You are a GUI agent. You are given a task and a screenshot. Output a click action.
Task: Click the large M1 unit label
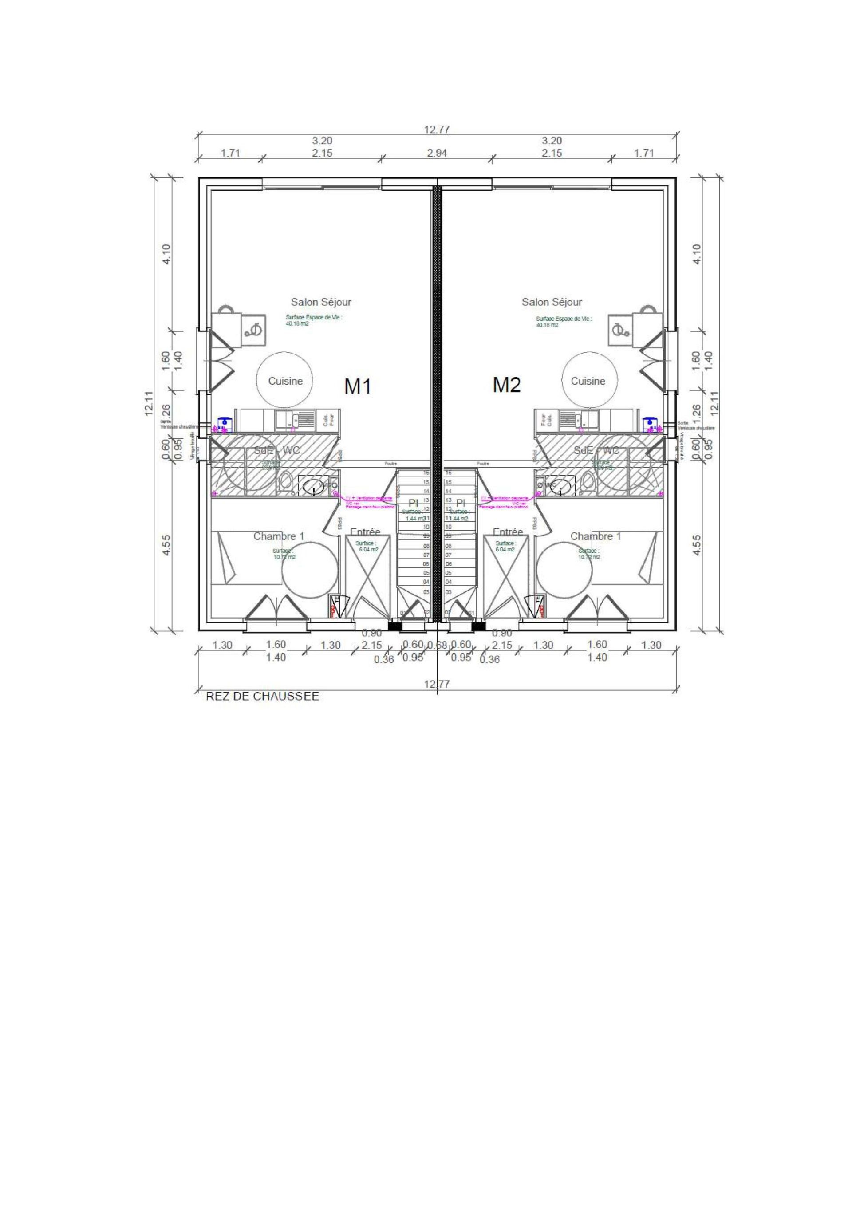[x=358, y=387]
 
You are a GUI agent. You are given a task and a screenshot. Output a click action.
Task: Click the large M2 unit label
[x=507, y=385]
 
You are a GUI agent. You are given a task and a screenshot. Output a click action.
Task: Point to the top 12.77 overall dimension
[x=437, y=130]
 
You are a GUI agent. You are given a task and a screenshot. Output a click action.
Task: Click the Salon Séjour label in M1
[x=321, y=302]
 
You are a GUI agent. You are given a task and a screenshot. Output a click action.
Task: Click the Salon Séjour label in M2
[x=552, y=302]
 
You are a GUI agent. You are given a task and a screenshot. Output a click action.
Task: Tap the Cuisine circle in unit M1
[x=286, y=381]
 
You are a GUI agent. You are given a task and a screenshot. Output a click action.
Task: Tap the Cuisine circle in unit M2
[x=588, y=381]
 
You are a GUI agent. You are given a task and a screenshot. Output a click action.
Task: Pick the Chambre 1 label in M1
[x=279, y=536]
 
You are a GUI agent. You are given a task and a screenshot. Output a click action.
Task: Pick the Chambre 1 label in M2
[x=596, y=536]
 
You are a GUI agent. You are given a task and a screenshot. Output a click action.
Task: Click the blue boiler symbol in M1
[x=225, y=422]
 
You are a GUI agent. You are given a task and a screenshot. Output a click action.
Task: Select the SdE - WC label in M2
[x=596, y=451]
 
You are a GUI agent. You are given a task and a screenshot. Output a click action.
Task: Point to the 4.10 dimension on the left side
[x=166, y=255]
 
